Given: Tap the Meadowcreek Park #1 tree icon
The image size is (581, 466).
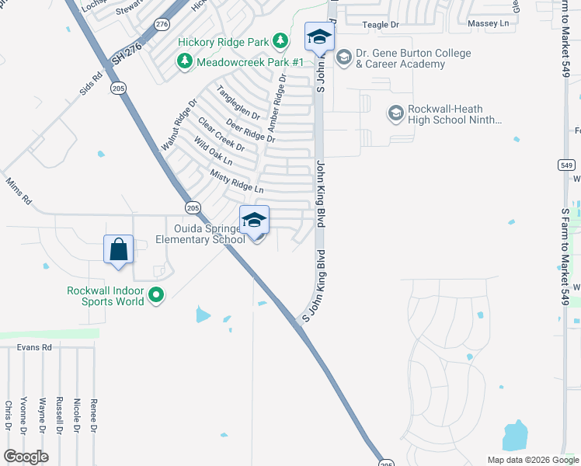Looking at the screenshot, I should coord(185,61).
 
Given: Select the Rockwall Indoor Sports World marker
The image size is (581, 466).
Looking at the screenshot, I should coord(156,295).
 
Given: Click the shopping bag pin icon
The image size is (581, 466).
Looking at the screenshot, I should coord(118,250).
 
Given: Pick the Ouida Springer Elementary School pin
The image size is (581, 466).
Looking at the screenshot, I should coord(254,221).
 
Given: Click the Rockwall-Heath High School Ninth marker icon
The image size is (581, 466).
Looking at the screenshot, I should coord(396,114).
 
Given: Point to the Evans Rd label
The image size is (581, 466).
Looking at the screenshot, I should coord(34,348).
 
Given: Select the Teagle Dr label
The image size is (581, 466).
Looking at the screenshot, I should coord(380,25).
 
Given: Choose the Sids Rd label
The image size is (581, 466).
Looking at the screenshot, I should coord(90,84).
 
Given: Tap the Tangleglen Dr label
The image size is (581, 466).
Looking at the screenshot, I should coord(238,102).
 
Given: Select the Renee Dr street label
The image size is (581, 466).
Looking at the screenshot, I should coord(94,416).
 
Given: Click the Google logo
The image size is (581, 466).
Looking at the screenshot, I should coord(26,457).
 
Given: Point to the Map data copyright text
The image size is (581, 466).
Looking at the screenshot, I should coord(532,460).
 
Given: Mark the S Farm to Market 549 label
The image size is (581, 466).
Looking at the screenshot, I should coord(566,256).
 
